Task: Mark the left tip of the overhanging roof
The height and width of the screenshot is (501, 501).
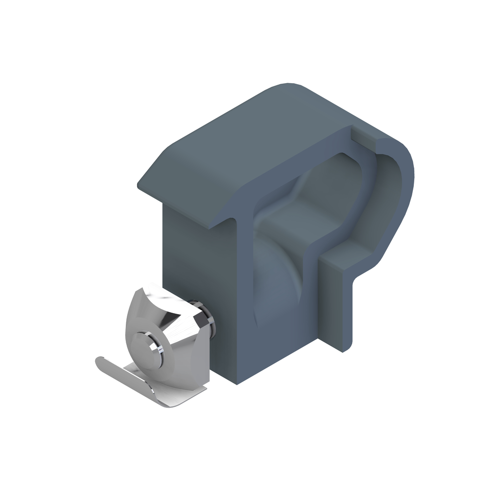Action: [139, 188]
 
